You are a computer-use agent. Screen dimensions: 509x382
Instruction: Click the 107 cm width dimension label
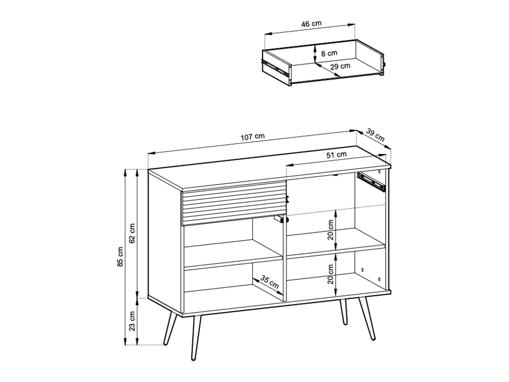[x=252, y=137]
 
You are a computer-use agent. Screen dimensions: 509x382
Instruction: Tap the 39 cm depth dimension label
[x=375, y=135]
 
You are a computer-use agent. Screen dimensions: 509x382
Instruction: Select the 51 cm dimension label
[x=336, y=155]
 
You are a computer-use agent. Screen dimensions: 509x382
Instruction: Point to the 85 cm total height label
[x=120, y=257]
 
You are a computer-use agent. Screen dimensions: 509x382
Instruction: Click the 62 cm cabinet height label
[x=132, y=233]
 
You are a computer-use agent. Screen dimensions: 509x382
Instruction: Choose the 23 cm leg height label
[x=132, y=321]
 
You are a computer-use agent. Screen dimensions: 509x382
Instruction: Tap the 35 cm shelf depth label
[x=269, y=282]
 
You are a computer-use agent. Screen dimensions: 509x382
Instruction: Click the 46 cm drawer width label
[x=311, y=24]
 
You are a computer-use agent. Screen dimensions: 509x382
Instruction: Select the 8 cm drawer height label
[x=329, y=53]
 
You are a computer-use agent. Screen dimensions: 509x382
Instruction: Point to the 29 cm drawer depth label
[x=340, y=66]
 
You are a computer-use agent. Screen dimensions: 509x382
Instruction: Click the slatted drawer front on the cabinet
[x=234, y=203]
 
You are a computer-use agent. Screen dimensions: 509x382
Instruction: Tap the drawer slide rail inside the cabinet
[x=371, y=182]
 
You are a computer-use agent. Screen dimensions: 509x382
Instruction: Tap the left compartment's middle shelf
[x=233, y=258]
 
